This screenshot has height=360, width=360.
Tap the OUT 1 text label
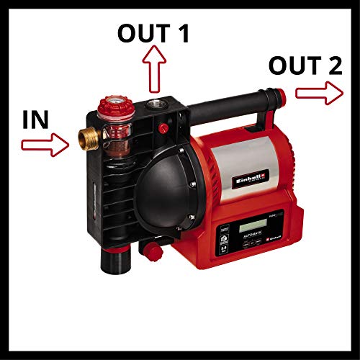coord(154,32)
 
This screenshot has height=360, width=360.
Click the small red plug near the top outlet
coord(166,129)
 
